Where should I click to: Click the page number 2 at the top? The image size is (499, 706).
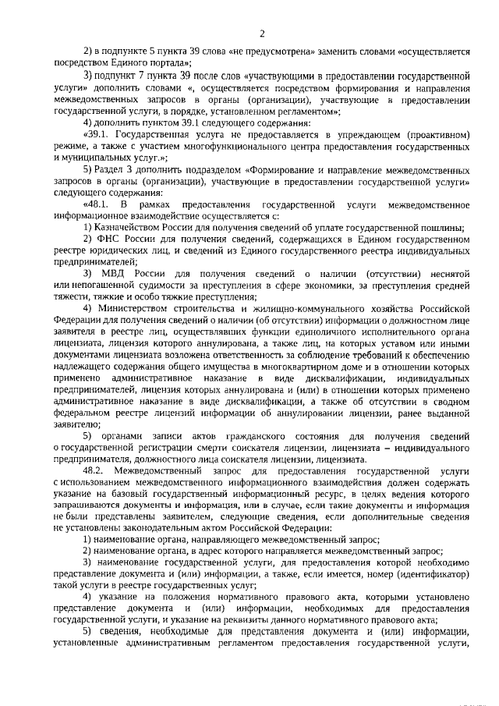[x=263, y=32]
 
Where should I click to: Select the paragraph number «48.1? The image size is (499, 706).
[x=98, y=204]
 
